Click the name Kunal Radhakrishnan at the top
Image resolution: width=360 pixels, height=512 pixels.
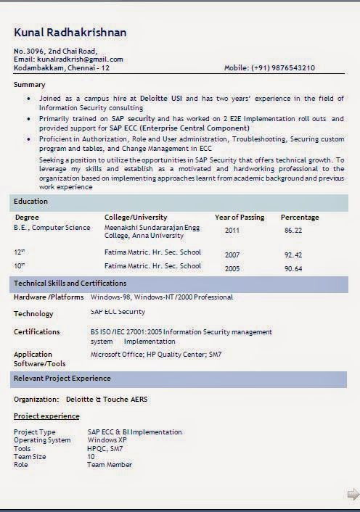point(70,33)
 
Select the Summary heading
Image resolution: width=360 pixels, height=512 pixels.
point(29,85)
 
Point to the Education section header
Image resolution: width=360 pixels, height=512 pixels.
point(30,201)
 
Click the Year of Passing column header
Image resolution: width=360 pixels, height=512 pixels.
point(239,217)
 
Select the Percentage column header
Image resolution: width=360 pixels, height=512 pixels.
point(300,217)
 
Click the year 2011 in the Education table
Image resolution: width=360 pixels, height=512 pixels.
point(232,230)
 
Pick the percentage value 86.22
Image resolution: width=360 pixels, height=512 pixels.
point(293,230)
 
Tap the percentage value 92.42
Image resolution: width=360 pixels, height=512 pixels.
point(293,255)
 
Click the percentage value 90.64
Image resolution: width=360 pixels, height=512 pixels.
point(293,268)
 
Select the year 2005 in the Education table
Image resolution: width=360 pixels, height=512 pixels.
point(232,268)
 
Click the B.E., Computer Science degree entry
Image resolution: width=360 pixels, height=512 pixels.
point(52,228)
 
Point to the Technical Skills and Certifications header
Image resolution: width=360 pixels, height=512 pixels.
point(70,283)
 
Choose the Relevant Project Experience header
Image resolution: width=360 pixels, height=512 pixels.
point(62,378)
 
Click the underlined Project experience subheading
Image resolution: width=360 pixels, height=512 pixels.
point(46,416)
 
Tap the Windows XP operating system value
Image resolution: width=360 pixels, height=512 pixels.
point(107,439)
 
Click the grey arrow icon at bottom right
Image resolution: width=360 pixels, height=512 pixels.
point(353,495)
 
